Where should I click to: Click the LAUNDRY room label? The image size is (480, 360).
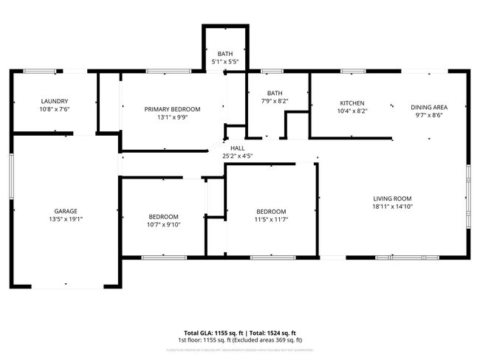55,101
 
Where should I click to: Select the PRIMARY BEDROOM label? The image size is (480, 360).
172,109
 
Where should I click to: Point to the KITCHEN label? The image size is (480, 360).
352,103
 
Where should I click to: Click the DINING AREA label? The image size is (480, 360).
429,107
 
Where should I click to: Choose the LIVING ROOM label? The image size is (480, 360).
391,198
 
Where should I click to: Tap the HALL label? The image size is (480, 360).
238,148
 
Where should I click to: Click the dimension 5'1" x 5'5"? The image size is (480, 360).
225,62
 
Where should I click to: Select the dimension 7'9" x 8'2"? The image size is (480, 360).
275,101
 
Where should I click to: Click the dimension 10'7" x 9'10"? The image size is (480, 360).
163,225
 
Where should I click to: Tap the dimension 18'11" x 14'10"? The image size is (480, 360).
391,207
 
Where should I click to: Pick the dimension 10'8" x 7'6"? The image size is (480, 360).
55,109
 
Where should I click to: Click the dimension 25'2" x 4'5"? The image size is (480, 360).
238,156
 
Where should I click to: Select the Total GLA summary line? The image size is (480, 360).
240,333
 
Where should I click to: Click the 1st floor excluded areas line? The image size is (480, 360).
240,340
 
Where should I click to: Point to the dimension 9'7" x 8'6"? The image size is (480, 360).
429,115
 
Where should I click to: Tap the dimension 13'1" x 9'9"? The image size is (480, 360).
172,117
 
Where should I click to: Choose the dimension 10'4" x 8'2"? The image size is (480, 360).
352,111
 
